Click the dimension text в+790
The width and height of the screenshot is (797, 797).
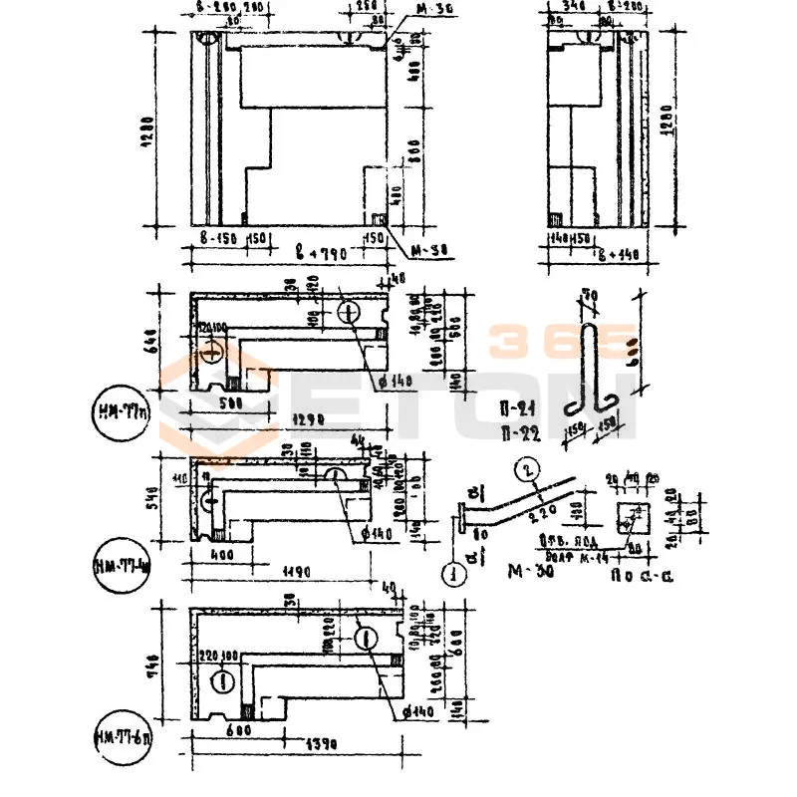pyautogui.click(x=321, y=256)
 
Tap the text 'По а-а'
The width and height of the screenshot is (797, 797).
pyautogui.click(x=637, y=575)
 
